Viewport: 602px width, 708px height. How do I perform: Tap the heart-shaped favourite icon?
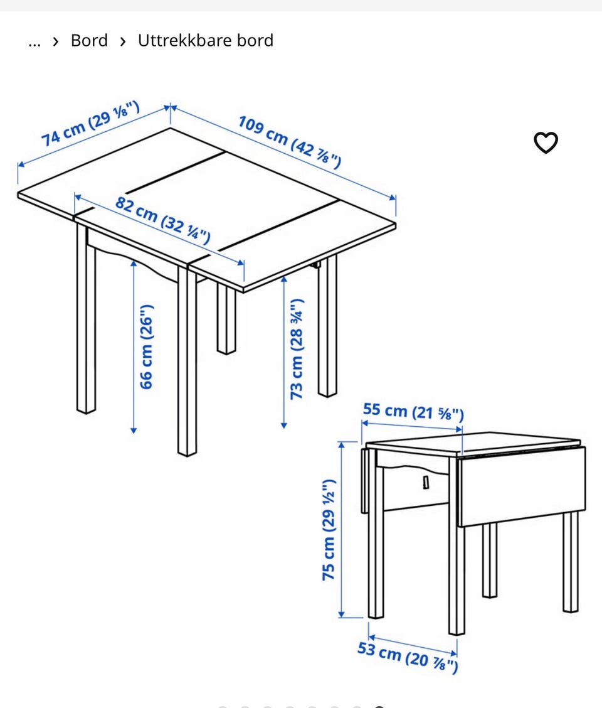tap(546, 142)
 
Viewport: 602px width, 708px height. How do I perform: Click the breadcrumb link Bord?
tap(89, 41)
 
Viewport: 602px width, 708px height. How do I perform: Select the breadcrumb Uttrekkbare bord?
tap(206, 41)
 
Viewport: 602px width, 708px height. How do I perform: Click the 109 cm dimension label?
tap(289, 141)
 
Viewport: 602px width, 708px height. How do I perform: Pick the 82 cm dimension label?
tap(162, 220)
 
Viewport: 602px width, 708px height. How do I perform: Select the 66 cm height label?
tap(147, 346)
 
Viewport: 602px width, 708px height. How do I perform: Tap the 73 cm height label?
tap(297, 349)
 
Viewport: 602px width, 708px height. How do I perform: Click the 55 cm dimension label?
tap(413, 411)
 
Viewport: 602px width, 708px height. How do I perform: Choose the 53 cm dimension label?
tap(408, 657)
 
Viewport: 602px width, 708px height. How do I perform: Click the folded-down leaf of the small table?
tap(522, 486)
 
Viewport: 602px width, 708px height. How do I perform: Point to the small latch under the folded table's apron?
tap(426, 482)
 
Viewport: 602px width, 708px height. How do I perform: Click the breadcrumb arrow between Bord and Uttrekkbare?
tap(123, 41)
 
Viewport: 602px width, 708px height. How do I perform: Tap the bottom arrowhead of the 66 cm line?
tap(134, 431)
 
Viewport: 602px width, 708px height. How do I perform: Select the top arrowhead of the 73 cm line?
tap(284, 279)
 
